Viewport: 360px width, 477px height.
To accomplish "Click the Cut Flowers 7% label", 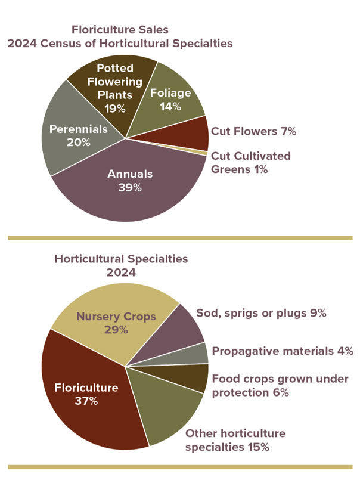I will pyautogui.click(x=253, y=131).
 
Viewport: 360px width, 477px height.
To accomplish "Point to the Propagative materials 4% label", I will pyautogui.click(x=283, y=351).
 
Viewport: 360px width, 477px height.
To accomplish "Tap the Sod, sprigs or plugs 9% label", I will pyautogui.click(x=261, y=313).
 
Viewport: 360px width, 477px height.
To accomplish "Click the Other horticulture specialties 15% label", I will pyautogui.click(x=235, y=440).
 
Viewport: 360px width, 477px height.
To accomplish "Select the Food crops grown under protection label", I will pyautogui.click(x=280, y=385).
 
